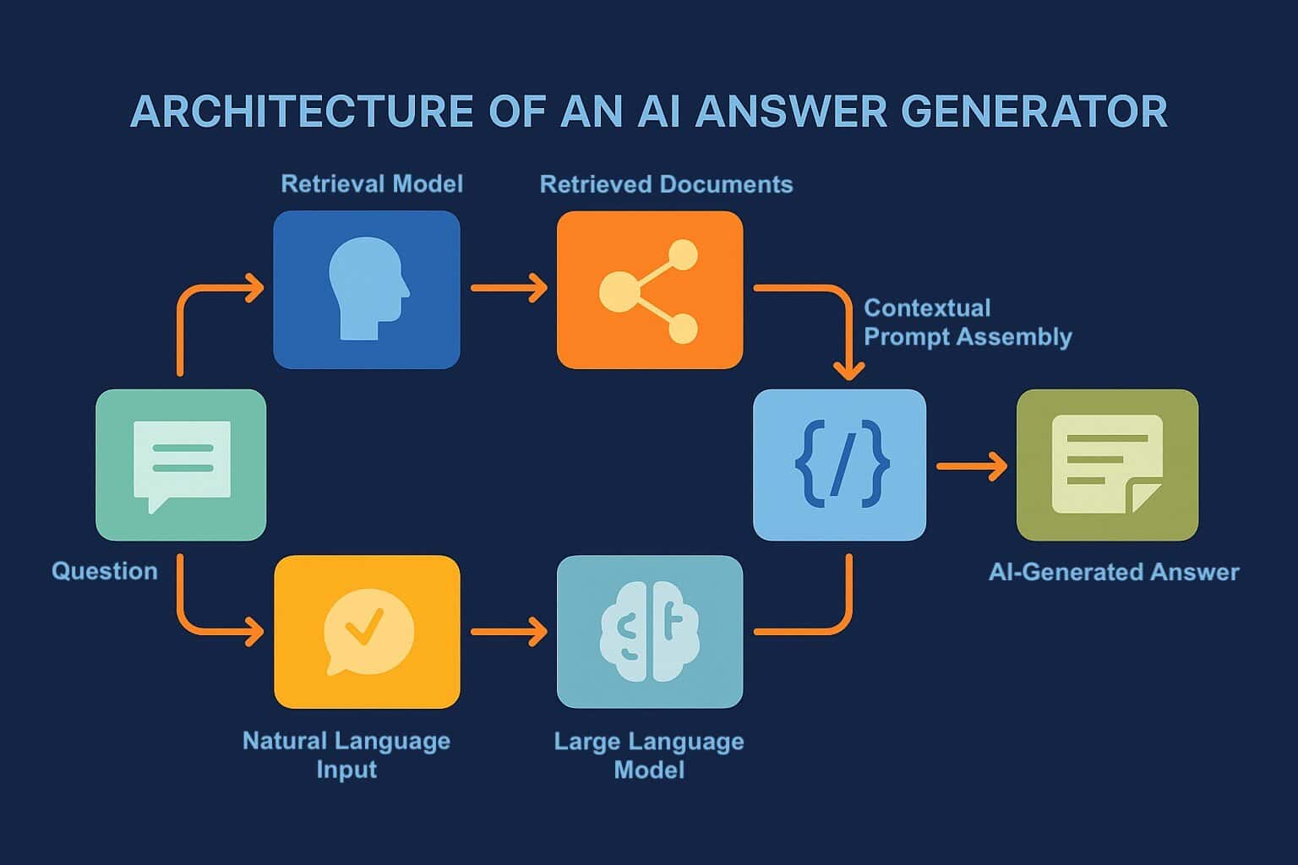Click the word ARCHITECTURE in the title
pyautogui.click(x=302, y=112)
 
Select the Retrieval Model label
pyautogui.click(x=372, y=184)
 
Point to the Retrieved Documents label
pyautogui.click(x=666, y=184)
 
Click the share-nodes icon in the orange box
pyautogui.click(x=649, y=291)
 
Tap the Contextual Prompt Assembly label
pyautogui.click(x=967, y=322)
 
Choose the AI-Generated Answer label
pyautogui.click(x=1113, y=572)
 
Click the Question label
pyautogui.click(x=105, y=571)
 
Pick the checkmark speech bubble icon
pyautogui.click(x=368, y=631)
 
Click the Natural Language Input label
pyautogui.click(x=346, y=754)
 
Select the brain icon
pyautogui.click(x=649, y=631)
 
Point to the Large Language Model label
pyautogui.click(x=649, y=755)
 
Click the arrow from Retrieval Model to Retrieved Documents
pyautogui.click(x=509, y=288)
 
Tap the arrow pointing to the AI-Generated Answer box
pyautogui.click(x=972, y=465)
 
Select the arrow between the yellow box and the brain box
pyautogui.click(x=509, y=631)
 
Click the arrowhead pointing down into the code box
pyautogui.click(x=848, y=370)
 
